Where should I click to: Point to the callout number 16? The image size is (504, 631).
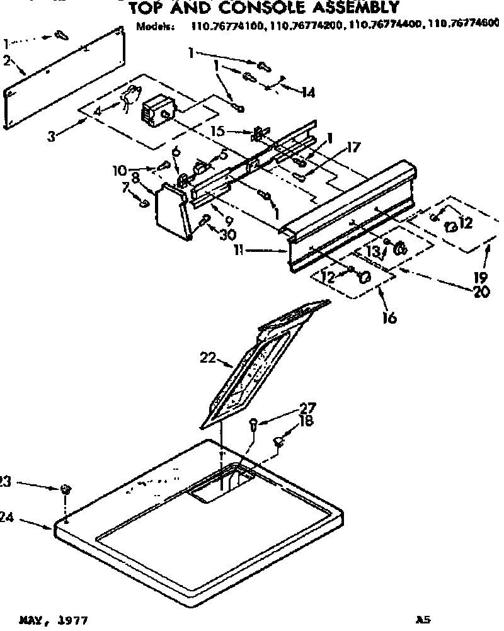point(389,318)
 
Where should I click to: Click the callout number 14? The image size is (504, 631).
point(307,93)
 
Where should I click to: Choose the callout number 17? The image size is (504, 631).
point(353,148)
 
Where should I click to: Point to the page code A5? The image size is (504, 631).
point(423,620)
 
